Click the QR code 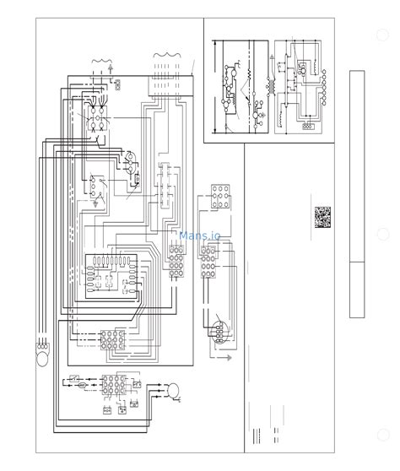(322, 218)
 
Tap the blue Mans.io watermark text (200, 237)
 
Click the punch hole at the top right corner (382, 36)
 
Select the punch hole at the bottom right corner (382, 436)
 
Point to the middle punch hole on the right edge (382, 235)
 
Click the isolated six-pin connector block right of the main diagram (222, 197)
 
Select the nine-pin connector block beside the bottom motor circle (114, 387)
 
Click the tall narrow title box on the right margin (356, 194)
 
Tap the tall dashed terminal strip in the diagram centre (165, 187)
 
